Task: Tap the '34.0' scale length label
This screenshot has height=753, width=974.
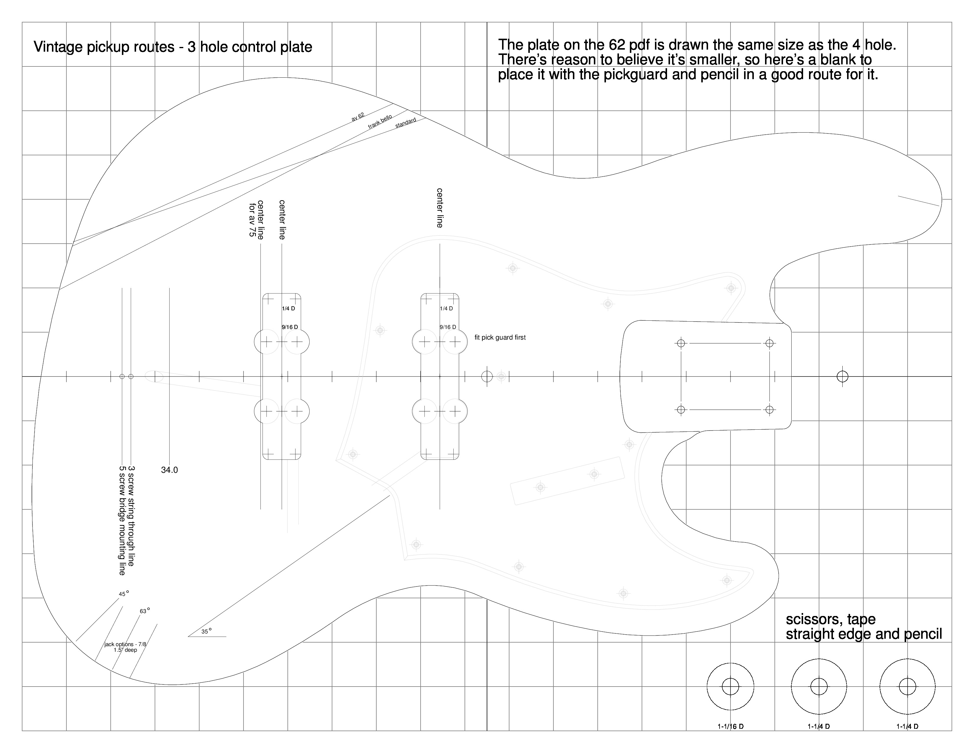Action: coord(169,470)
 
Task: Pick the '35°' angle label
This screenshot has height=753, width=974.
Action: coord(206,631)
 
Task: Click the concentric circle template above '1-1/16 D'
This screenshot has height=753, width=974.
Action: coord(730,687)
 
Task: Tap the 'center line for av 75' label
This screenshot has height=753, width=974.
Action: coord(256,219)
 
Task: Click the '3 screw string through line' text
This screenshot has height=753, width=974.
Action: coord(131,516)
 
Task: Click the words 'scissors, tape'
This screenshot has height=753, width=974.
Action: coord(830,619)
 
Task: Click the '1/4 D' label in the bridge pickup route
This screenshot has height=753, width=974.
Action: coord(288,308)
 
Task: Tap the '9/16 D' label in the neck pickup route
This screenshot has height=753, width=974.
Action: coord(448,327)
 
